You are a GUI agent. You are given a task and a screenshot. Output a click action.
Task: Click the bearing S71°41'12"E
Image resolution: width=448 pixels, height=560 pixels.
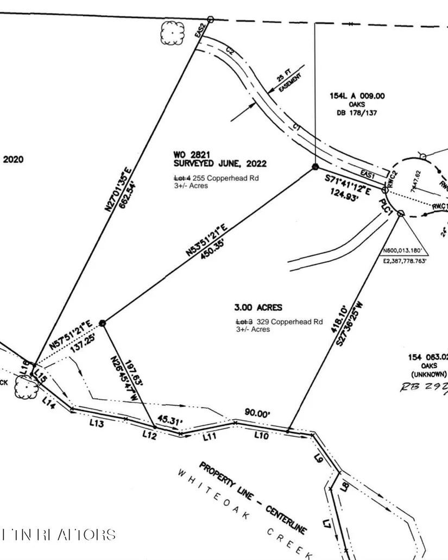click(x=348, y=185)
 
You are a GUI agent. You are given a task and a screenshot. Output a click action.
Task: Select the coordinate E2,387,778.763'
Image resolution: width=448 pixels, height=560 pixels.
click(x=405, y=261)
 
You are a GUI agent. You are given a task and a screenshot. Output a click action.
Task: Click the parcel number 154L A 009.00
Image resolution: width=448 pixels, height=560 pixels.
click(x=357, y=96)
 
